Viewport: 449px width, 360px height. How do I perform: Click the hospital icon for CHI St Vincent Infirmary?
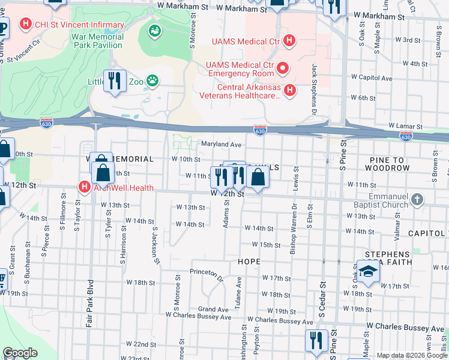click(26, 25)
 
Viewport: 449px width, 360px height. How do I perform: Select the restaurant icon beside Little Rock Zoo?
click(113, 80)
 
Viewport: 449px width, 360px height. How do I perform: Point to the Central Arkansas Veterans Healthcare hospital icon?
click(290, 90)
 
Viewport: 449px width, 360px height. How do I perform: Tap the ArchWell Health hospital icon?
click(84, 187)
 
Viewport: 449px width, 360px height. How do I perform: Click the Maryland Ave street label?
click(220, 145)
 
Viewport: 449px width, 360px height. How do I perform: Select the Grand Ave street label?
click(214, 310)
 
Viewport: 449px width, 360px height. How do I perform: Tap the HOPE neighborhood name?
click(249, 262)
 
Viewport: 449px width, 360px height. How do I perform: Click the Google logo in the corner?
click(19, 353)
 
